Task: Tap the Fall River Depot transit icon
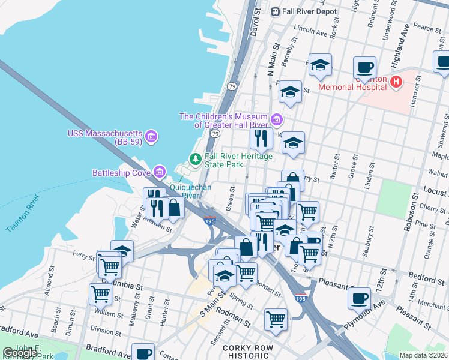pos(276,11)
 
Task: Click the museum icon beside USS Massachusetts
pos(151,137)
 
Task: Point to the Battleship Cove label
pos(122,173)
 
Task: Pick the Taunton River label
pos(22,213)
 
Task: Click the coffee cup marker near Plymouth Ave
pos(360,298)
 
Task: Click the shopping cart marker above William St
pos(100,294)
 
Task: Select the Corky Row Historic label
pos(248,352)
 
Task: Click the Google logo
pos(20,353)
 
